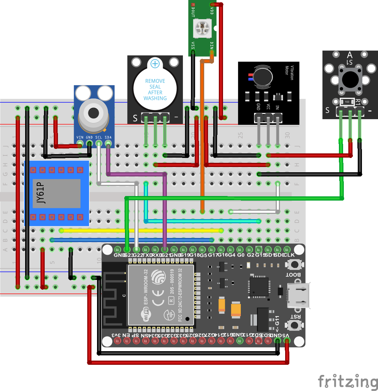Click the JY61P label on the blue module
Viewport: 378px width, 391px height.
pyautogui.click(x=41, y=193)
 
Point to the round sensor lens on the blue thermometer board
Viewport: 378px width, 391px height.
pyautogui.click(x=93, y=113)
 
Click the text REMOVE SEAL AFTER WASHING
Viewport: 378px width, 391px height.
pyautogui.click(x=155, y=89)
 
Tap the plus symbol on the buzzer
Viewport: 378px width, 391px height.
pyautogui.click(x=155, y=64)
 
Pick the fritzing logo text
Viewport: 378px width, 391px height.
pyautogui.click(x=347, y=381)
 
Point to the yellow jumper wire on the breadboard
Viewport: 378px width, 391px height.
pyautogui.click(x=140, y=230)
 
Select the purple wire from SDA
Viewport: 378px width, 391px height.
pyautogui.click(x=165, y=210)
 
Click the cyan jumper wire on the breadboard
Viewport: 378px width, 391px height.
pyautogui.click(x=202, y=221)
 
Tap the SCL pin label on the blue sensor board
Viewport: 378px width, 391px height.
pyautogui.click(x=99, y=137)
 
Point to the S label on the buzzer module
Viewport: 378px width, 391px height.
pyautogui.click(x=135, y=118)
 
